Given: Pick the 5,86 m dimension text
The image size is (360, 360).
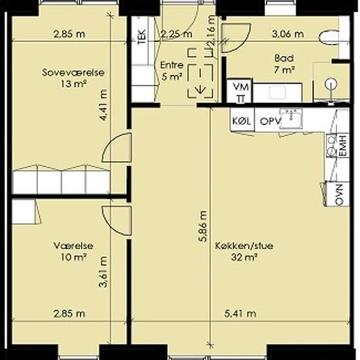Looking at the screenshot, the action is (x=202, y=226).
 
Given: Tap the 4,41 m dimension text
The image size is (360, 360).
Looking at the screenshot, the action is (x=103, y=105).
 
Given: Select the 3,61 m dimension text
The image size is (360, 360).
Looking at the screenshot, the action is (x=103, y=272).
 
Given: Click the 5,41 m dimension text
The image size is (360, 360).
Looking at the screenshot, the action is (x=240, y=314).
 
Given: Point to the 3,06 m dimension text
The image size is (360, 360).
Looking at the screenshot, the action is (x=288, y=34).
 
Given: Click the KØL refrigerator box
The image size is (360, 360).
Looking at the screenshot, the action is (x=242, y=120).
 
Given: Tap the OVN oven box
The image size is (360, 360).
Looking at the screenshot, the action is (x=338, y=194).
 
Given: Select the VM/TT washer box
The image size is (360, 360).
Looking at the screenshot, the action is (x=240, y=91).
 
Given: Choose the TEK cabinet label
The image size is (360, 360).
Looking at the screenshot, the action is (x=142, y=37).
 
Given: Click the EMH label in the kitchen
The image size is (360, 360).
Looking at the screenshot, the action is (x=343, y=146).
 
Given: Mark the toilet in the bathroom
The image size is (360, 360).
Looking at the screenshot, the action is (x=329, y=37).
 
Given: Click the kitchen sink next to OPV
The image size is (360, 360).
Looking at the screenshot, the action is (x=291, y=118).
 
